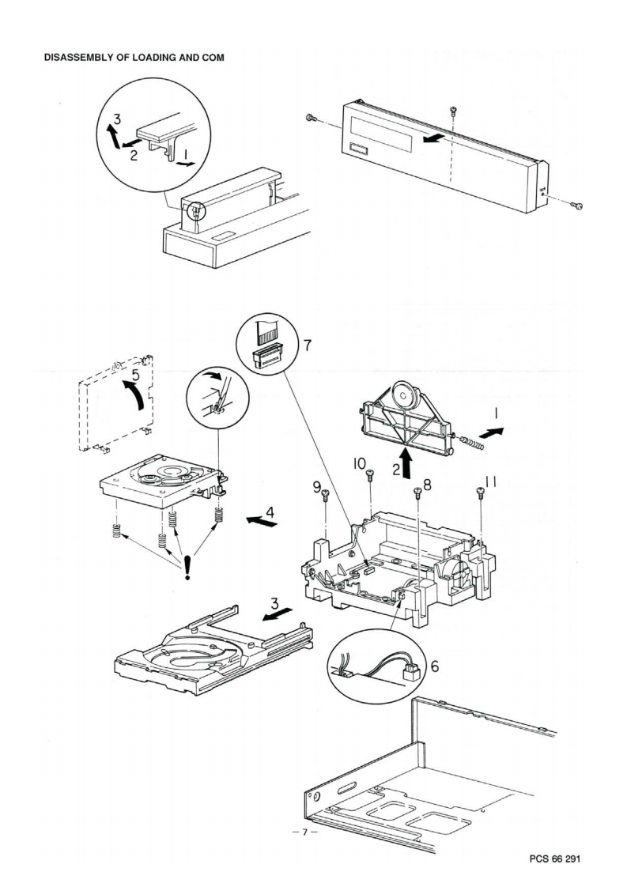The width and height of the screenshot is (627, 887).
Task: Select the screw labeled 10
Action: point(369,474)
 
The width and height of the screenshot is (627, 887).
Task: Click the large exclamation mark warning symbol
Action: point(187,568)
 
